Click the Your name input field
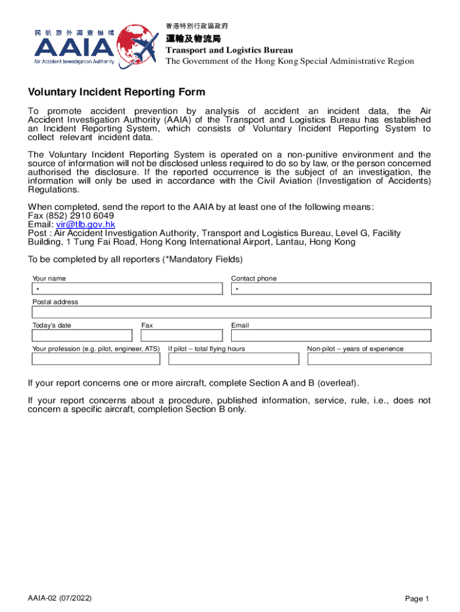pos(129,289)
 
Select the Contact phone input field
pos(331,289)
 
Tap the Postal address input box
pos(231,312)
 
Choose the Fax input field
pos(183,335)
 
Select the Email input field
pos(331,335)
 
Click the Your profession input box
pos(96,359)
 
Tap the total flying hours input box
pos(233,359)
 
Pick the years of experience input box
pos(369,359)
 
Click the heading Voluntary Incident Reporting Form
pos(116,92)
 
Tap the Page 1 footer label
pos(417,599)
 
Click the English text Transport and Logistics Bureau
pos(229,50)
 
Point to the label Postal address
pos(55,302)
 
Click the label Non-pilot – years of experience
pos(355,348)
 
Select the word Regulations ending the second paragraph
pos(53,189)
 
